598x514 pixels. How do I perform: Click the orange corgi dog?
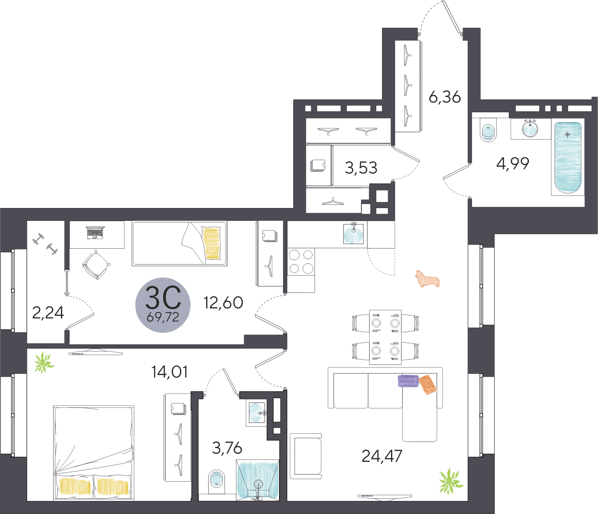coord(427,279)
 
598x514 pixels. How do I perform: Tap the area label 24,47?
coord(382,456)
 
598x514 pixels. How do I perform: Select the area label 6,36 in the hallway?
coord(445,97)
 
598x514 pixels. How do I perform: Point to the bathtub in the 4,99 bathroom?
coord(568,158)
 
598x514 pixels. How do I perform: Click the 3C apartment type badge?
coord(163,305)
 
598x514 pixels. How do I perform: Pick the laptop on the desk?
coord(95,233)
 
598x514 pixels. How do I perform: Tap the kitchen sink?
coord(353,233)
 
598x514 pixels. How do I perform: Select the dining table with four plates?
coord(385,337)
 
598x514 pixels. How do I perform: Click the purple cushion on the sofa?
coord(408,381)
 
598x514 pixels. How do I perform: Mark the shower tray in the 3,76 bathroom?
coord(258,480)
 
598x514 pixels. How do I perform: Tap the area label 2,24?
coord(48,312)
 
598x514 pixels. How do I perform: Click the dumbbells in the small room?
coord(45,244)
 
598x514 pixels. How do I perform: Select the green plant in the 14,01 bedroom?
coord(44,362)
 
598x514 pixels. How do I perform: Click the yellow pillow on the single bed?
coord(211,243)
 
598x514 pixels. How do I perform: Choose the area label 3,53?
coord(361,168)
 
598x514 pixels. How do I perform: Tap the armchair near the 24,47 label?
coord(306,456)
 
